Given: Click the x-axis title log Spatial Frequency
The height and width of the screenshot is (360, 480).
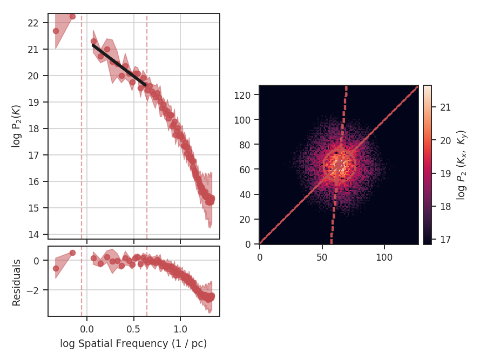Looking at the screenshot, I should pyautogui.click(x=133, y=343).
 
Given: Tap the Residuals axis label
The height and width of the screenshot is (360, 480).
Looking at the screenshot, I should pyautogui.click(x=17, y=282).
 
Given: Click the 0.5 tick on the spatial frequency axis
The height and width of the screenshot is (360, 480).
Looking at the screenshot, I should pyautogui.click(x=134, y=328).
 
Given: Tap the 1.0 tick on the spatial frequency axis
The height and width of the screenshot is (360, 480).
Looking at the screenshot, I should pyautogui.click(x=180, y=328).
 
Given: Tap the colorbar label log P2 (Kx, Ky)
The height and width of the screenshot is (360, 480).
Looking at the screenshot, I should pyautogui.click(x=462, y=165).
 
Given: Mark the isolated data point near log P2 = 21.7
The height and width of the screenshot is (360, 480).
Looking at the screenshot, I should pyautogui.click(x=56, y=31).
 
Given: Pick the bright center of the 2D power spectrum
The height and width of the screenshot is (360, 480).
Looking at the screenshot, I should pyautogui.click(x=339, y=165).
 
